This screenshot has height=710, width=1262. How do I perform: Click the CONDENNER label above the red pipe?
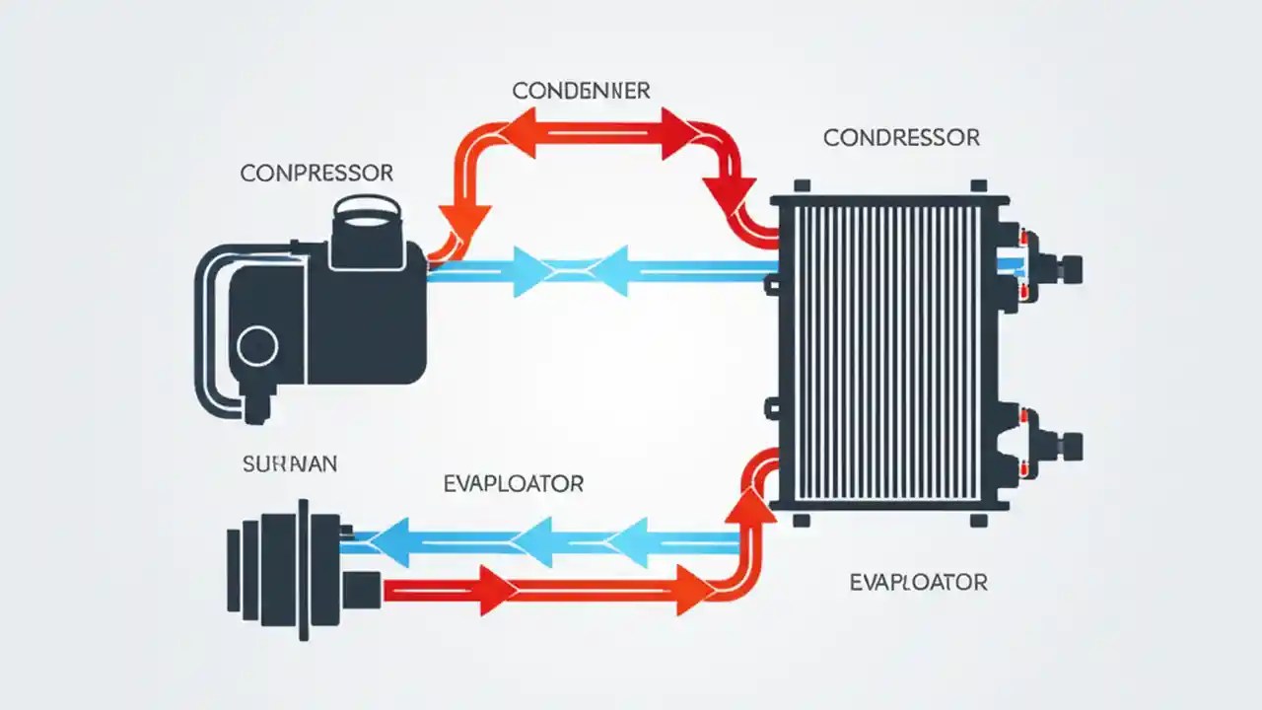[x=581, y=91]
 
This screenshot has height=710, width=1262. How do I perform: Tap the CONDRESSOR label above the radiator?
[x=901, y=138]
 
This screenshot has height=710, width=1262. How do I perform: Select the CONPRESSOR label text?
[x=316, y=174]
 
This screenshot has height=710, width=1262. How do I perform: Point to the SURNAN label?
[x=289, y=464]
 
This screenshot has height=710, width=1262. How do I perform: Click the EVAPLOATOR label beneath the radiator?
[x=918, y=583]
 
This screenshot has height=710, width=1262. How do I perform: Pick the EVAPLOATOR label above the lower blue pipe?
[x=514, y=483]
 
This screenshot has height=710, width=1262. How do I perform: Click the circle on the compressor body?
[x=258, y=345]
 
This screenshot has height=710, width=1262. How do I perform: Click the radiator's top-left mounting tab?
[x=802, y=186]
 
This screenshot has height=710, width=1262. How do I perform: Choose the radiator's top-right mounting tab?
[x=979, y=186]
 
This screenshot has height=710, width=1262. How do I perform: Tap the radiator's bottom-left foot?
[x=802, y=519]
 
